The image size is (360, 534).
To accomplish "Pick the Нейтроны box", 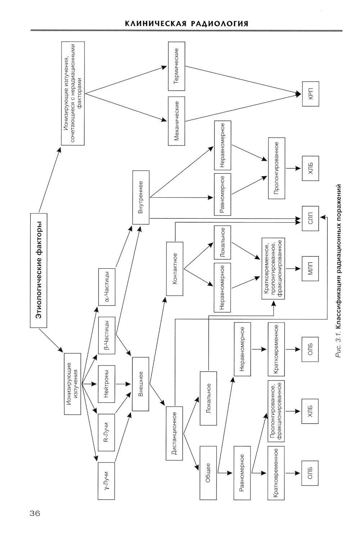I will (x=107, y=384).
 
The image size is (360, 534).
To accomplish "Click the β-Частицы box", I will (x=107, y=335).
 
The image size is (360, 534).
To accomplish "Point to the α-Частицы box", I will (x=107, y=287).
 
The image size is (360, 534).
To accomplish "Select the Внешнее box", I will (x=141, y=384).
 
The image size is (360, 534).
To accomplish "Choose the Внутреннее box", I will (x=141, y=198).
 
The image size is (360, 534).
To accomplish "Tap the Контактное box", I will (x=175, y=269).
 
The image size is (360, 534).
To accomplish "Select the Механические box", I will (x=176, y=121).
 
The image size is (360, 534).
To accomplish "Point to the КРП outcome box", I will (x=310, y=94).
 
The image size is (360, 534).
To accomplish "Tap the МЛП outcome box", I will (x=310, y=268).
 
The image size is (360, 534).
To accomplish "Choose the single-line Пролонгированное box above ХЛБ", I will (x=276, y=168).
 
